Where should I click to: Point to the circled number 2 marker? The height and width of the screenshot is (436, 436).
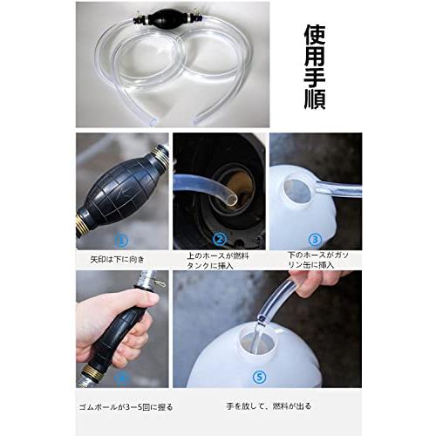(x=220, y=238)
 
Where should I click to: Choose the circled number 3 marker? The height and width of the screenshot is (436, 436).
(x=315, y=238)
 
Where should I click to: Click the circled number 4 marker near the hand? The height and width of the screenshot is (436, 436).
(x=121, y=377)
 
